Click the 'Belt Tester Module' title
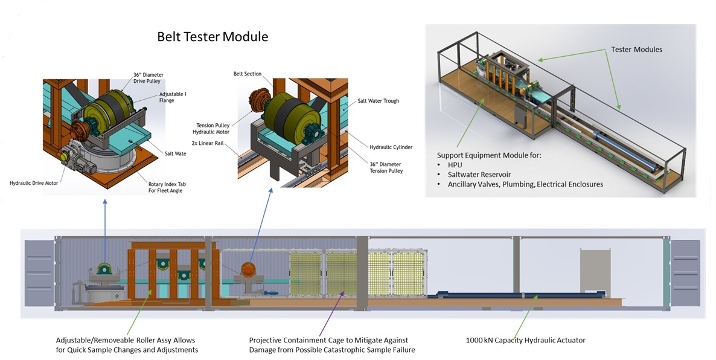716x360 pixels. (213, 37)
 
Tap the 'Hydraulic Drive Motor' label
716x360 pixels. (34, 182)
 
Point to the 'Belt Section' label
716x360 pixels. (248, 74)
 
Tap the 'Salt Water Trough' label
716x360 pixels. (378, 101)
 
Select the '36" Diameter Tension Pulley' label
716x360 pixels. (386, 167)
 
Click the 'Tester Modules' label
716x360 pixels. (636, 50)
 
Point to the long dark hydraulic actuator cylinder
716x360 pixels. (519, 296)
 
